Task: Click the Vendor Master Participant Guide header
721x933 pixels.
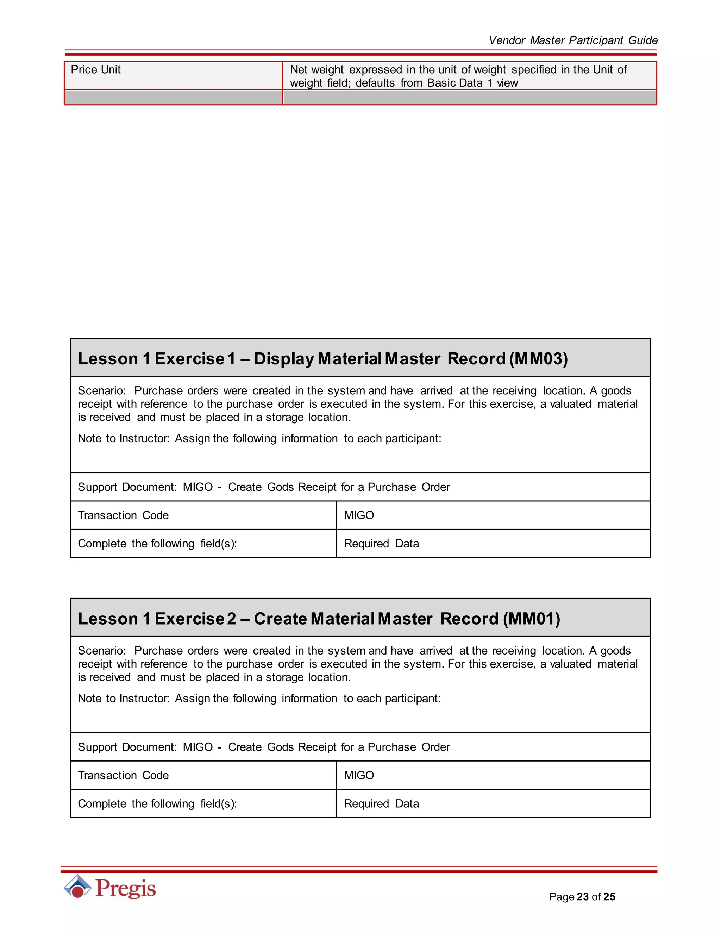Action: click(572, 40)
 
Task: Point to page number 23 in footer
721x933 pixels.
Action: click(582, 897)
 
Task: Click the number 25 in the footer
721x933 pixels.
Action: click(609, 897)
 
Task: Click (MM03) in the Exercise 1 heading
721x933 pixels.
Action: click(538, 358)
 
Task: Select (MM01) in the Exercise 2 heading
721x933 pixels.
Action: click(531, 619)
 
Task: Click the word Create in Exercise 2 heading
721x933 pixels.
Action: click(280, 619)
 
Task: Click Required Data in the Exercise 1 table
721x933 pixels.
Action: click(381, 543)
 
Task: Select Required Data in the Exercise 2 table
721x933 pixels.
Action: click(381, 803)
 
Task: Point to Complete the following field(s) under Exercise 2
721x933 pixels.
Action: click(157, 803)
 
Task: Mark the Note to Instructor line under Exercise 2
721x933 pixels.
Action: click(259, 698)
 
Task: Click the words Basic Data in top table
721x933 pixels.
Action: click(454, 83)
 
